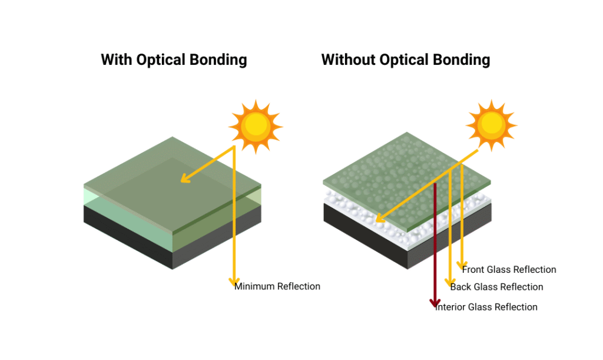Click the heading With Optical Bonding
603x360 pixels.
174,60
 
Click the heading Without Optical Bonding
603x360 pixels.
406,60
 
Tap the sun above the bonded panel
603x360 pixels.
256,127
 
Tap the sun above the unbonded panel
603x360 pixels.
492,125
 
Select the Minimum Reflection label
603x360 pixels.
277,286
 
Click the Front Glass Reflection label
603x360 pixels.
509,270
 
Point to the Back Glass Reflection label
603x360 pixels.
497,287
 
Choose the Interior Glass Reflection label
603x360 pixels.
486,307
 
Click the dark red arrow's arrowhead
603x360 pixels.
435,303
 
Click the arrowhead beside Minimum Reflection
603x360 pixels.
234,282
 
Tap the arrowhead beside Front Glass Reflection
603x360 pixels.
462,265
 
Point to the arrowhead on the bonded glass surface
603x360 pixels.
185,178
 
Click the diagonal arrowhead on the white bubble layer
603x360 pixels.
380,217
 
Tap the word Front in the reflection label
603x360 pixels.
473,270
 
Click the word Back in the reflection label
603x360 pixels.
460,287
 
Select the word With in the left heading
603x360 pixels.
117,60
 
